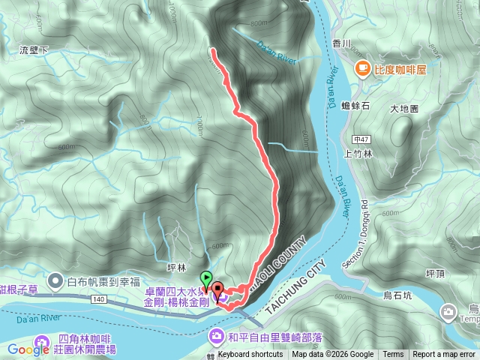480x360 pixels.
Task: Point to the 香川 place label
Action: point(341,44)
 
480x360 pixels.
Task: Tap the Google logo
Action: point(28,349)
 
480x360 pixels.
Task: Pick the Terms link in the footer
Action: point(393,355)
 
